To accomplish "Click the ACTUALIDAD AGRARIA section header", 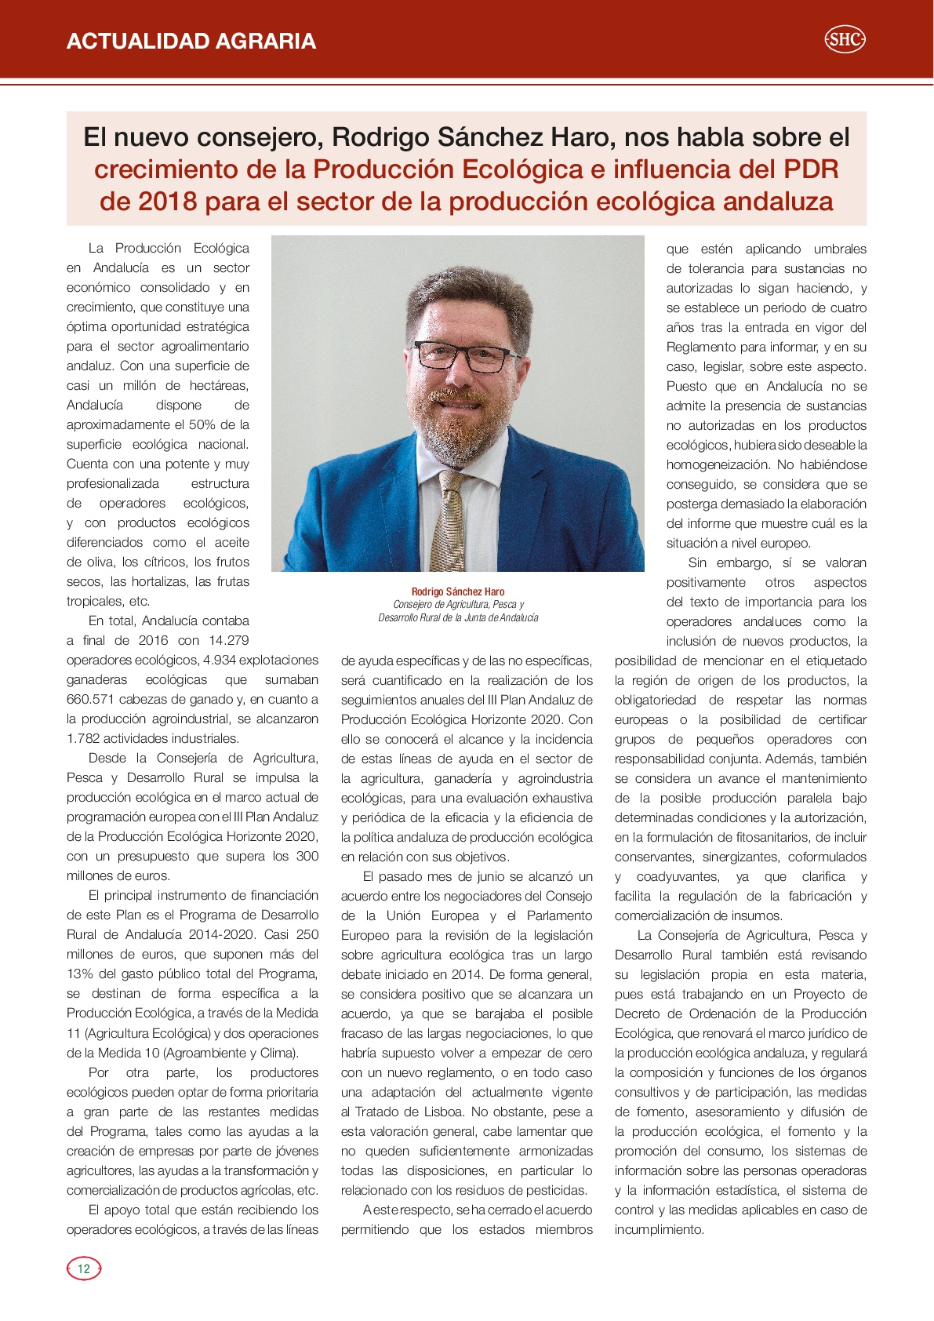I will click(x=191, y=41).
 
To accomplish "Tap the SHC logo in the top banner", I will click(x=845, y=39).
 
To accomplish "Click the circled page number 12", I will click(x=84, y=1268).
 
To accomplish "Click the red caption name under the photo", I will click(x=458, y=591).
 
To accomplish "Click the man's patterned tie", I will click(x=452, y=518).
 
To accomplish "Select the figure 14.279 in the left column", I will click(x=228, y=640).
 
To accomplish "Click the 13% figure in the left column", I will click(x=80, y=974).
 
